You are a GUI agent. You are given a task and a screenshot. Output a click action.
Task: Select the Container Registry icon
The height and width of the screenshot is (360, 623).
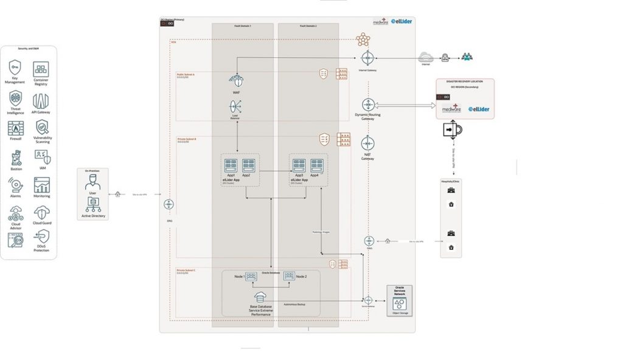pos(41,69)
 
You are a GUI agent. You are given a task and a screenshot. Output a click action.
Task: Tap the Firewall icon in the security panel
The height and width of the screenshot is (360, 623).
pos(15,128)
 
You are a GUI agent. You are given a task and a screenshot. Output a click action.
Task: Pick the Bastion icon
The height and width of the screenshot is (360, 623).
pos(15,157)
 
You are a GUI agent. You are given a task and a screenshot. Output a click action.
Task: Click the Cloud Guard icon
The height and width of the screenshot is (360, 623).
pos(41,212)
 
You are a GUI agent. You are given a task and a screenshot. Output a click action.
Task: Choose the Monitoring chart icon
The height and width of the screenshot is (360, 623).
pos(41,185)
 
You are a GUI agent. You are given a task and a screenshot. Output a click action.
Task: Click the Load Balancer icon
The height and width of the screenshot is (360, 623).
pos(235,107)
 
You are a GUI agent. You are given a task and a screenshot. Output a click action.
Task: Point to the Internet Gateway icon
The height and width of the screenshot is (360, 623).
pos(367,58)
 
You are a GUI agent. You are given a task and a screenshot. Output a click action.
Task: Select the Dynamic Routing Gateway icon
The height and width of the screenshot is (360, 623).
pos(367,105)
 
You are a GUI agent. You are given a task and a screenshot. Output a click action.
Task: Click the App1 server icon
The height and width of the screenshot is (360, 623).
pos(230,165)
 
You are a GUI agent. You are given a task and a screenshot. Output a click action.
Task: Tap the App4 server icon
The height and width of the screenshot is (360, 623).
pos(317,165)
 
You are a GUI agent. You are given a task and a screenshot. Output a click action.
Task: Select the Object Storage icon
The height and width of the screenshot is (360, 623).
pos(400,303)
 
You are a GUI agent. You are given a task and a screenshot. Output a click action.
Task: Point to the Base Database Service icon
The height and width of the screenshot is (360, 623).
pos(261,297)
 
